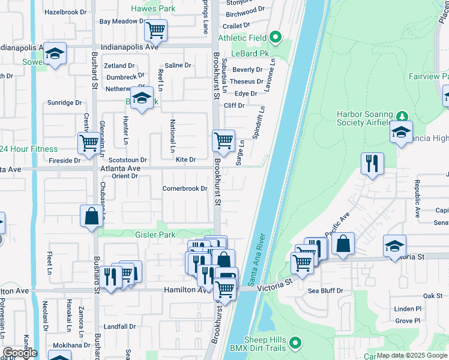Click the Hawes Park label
pos(153,9)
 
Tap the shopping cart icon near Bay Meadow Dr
pos(155,30)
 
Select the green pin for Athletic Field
pos(276,38)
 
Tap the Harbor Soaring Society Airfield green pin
pos(402,116)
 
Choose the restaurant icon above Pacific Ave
pos(372,163)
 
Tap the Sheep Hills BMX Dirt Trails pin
pos(295,343)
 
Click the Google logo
pos(20,353)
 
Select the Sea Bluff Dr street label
pos(325,291)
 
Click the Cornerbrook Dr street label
pos(185,189)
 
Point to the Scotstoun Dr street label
pos(128,160)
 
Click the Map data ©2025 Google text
pos(412,355)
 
